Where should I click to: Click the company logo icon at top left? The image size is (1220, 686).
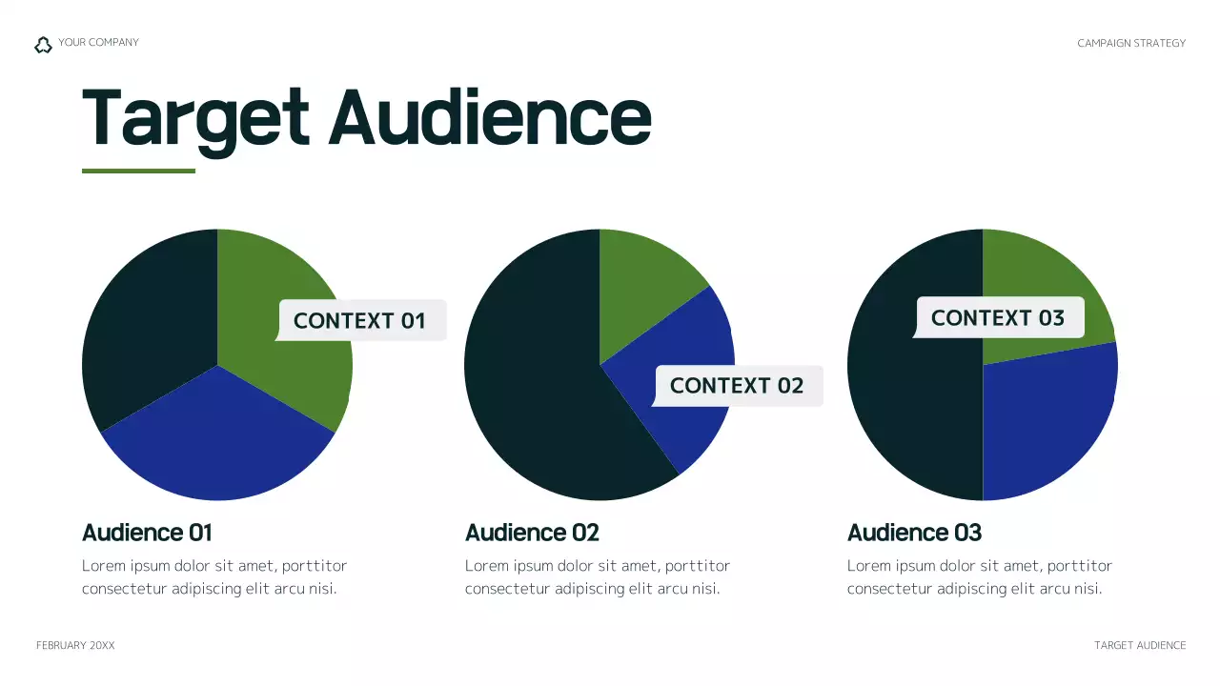click(43, 45)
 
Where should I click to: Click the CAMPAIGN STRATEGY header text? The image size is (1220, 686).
click(1131, 43)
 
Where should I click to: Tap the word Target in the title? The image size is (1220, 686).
click(195, 118)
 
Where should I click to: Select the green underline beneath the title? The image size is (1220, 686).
click(138, 171)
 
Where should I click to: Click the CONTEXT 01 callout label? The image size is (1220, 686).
click(360, 320)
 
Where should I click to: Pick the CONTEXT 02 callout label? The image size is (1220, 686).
click(737, 386)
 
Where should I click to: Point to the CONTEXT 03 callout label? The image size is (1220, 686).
click(998, 317)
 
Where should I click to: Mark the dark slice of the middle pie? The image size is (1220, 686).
click(534, 381)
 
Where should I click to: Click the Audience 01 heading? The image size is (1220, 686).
click(147, 533)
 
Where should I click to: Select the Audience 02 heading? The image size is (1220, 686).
click(532, 533)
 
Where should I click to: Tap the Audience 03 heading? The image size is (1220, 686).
click(914, 533)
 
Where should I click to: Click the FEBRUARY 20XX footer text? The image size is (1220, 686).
click(75, 646)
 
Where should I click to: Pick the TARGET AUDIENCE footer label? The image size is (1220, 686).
click(1140, 646)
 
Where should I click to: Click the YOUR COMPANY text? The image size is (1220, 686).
click(98, 43)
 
